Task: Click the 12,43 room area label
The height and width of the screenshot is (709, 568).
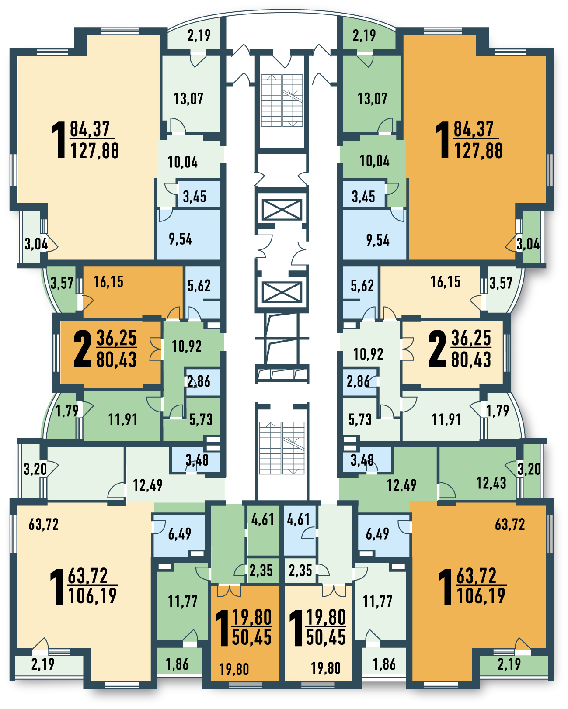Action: tap(491, 483)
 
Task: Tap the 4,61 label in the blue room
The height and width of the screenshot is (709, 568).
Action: tap(298, 519)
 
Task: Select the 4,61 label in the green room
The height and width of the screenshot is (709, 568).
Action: tap(262, 519)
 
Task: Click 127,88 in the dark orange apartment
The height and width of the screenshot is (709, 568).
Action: tap(478, 151)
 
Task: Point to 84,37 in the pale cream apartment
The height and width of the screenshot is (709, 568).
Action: tap(89, 129)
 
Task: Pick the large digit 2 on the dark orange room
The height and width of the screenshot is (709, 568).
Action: tap(83, 349)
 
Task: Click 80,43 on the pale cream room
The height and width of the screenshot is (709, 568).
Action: tap(471, 360)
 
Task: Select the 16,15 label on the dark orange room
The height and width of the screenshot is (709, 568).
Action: tap(108, 282)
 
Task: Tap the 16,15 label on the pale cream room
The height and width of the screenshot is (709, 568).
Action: tap(445, 282)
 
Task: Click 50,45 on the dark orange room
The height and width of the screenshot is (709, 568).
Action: tap(252, 637)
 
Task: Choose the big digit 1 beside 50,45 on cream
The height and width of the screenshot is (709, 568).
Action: tap(296, 628)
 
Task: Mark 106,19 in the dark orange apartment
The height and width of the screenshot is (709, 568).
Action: tap(481, 596)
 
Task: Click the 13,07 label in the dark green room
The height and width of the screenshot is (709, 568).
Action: tap(373, 99)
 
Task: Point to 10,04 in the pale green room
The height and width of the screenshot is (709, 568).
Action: tap(182, 162)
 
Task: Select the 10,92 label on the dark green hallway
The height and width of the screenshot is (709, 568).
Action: tap(186, 346)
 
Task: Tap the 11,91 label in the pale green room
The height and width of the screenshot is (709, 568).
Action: tap(446, 420)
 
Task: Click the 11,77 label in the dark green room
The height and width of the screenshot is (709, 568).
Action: tap(182, 602)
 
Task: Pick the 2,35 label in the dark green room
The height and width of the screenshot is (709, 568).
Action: tap(261, 571)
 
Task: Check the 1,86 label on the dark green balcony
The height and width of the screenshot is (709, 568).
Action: tap(177, 664)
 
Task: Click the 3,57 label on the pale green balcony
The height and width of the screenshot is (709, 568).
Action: tap(501, 283)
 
